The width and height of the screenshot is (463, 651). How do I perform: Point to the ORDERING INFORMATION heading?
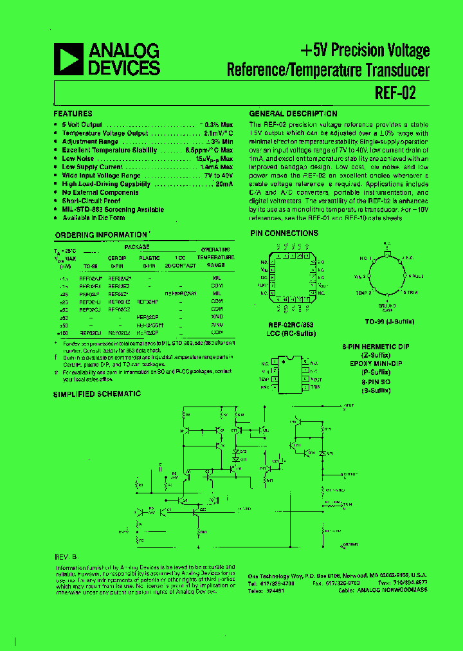(101, 235)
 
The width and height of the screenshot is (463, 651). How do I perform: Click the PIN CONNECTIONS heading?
(284, 233)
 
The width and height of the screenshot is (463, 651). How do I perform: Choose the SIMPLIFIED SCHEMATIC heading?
(96, 394)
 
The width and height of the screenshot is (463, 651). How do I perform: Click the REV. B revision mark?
(66, 555)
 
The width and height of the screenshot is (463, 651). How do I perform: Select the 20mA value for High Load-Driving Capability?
(224, 183)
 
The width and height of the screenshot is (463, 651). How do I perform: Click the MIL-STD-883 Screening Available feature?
(113, 209)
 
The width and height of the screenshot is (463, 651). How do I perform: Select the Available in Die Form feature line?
(93, 217)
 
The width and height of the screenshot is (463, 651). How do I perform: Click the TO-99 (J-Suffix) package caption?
(389, 320)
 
